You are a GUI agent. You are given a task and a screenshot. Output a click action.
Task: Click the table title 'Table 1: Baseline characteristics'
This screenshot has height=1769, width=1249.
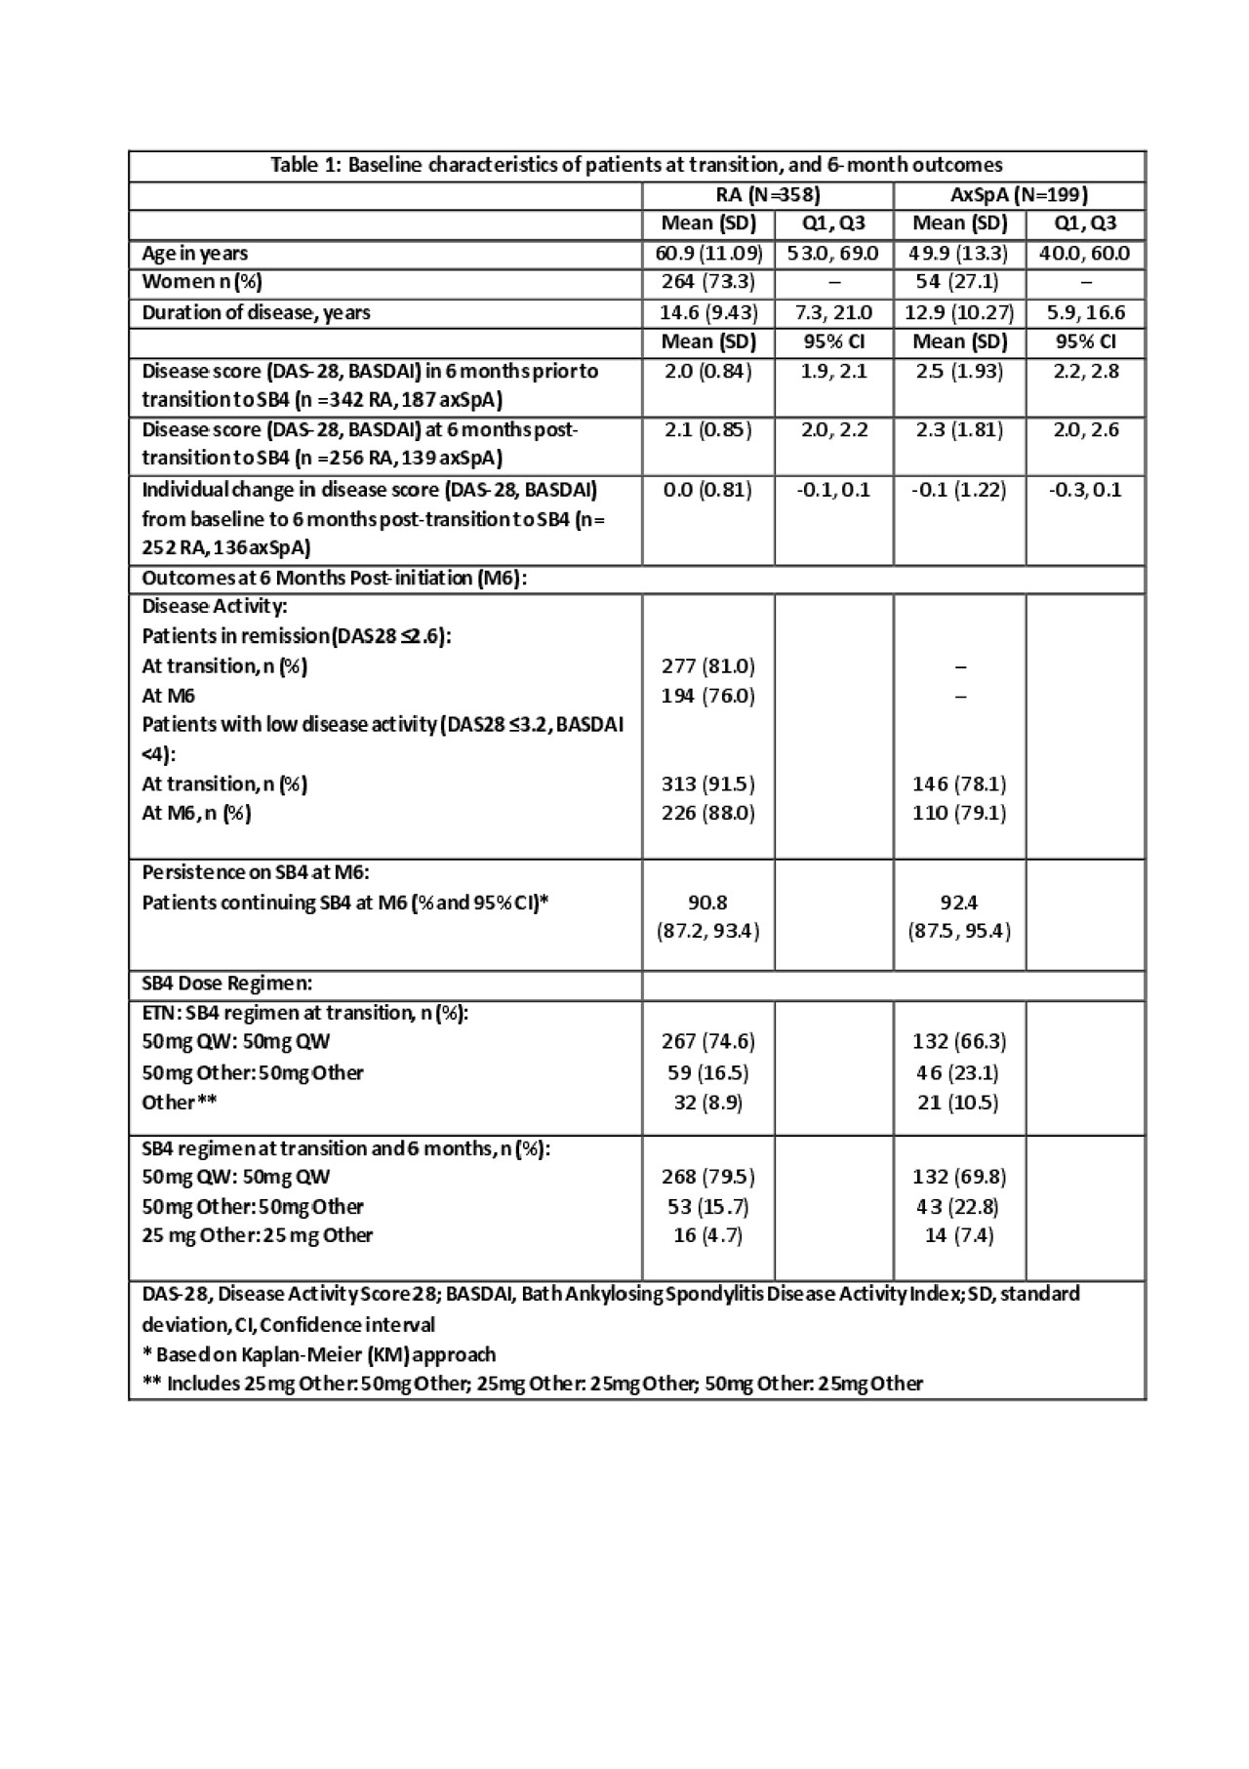point(636,165)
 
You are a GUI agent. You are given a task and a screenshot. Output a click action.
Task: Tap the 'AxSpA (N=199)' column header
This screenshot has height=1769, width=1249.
point(1019,194)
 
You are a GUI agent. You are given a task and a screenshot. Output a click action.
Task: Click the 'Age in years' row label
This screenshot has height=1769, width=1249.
point(194,254)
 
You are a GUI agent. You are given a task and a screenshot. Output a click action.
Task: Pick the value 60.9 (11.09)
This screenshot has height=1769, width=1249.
point(708,254)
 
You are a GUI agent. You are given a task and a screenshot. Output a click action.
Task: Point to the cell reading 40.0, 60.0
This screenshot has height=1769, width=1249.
point(1085,254)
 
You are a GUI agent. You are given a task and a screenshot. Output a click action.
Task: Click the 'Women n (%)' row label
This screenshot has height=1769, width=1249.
point(202,282)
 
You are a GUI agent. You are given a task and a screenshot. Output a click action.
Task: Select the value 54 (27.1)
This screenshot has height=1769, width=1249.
point(959,282)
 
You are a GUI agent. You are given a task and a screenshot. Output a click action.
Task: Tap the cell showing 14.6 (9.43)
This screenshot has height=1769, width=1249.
point(708,312)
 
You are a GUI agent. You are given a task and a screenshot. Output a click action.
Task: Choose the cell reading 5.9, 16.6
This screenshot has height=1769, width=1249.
point(1085,312)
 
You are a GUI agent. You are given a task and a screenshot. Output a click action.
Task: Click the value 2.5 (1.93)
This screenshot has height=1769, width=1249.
point(959,371)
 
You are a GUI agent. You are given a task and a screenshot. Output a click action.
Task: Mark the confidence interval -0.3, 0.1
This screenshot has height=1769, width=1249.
point(1085,489)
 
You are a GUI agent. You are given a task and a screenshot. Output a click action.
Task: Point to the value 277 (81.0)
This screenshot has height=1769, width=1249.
point(708,666)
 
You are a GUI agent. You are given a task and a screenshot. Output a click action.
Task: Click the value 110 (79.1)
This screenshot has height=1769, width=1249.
point(959,813)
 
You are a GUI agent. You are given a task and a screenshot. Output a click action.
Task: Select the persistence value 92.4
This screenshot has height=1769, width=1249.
point(959,902)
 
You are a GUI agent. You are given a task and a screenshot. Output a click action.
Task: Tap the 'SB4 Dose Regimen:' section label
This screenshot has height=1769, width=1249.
point(227,983)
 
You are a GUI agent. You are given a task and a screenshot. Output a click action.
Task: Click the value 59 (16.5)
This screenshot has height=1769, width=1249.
point(708,1072)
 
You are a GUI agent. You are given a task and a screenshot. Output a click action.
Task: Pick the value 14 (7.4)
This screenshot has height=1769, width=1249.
point(959,1234)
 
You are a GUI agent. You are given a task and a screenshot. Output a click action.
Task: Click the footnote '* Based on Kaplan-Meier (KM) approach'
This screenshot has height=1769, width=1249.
point(319,1354)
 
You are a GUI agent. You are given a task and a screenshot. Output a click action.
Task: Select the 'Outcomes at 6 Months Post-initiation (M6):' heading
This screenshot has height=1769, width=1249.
point(335,578)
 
